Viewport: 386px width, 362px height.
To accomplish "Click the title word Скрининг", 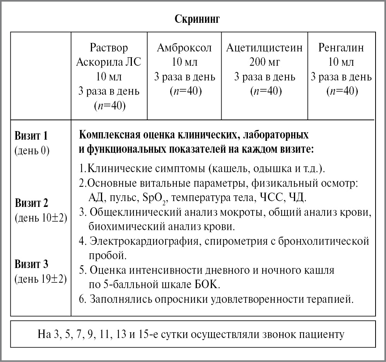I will point(197,19).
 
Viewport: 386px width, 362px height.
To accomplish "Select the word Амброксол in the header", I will point(184,48).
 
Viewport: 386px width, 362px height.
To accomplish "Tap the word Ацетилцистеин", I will point(265,48).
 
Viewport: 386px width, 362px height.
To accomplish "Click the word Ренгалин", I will point(341,48).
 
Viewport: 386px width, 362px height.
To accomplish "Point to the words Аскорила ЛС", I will point(109,62).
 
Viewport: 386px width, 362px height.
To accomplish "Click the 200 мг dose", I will point(265,62).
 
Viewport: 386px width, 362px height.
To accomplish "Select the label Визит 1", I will point(31,136).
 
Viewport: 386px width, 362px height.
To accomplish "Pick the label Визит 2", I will point(31,203).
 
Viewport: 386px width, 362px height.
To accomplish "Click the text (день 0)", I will point(32,150).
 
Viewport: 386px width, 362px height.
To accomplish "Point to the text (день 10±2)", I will point(41,217).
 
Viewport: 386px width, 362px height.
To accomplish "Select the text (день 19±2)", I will point(41,279).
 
